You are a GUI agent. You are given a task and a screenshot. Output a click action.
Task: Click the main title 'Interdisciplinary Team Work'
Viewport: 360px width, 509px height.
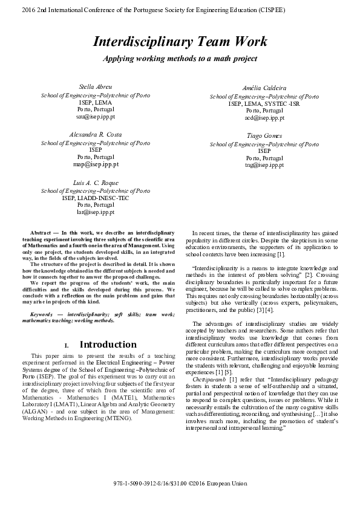tap(180, 42)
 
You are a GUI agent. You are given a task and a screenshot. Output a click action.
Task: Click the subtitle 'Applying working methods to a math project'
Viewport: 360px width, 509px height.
tap(180, 59)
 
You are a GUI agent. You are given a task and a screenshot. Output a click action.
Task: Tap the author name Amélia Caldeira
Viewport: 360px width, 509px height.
tap(264, 89)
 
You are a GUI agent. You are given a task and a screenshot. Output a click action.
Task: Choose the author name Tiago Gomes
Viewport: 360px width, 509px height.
tap(264, 136)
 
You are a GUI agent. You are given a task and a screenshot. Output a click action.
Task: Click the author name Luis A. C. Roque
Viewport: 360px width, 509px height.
tap(95, 183)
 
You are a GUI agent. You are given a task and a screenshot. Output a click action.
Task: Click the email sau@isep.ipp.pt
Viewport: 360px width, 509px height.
tap(95, 117)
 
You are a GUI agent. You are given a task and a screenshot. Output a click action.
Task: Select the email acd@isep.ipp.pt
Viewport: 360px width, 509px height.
tap(264, 118)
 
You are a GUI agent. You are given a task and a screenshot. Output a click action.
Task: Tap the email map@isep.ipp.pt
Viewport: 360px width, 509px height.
tap(95, 164)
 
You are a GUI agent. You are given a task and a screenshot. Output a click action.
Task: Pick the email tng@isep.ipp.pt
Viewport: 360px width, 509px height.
tap(264, 165)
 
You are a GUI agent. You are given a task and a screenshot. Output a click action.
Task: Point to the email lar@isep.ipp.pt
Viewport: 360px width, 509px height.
tap(95, 212)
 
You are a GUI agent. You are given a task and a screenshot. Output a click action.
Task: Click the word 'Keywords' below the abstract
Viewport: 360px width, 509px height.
tap(43, 314)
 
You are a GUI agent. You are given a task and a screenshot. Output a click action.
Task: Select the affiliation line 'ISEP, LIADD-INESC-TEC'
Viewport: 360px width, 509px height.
tap(95, 198)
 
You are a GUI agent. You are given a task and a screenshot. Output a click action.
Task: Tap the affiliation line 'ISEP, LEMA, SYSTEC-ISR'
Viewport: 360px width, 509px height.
tap(264, 103)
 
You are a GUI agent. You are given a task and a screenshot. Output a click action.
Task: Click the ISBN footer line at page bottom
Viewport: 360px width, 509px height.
tap(180, 485)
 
